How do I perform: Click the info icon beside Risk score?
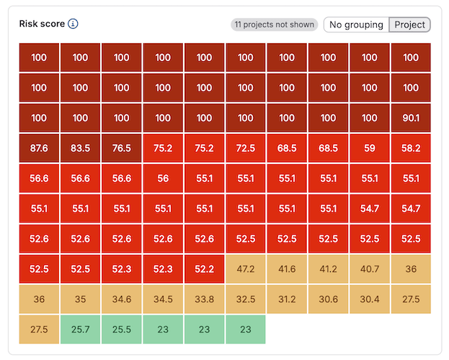point(73,24)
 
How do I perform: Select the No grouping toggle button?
point(356,24)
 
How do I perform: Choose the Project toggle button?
point(409,24)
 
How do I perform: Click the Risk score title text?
point(42,24)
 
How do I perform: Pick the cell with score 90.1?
point(411,118)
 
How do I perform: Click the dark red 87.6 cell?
point(39,148)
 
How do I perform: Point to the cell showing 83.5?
point(81,148)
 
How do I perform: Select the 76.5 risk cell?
point(122,148)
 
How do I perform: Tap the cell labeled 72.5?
point(246,148)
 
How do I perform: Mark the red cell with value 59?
point(370,148)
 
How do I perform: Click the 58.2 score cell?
point(411,148)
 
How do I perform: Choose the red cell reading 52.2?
point(205,269)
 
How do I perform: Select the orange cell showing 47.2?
point(246,269)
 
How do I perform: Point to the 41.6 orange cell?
point(287,269)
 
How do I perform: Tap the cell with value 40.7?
point(370,269)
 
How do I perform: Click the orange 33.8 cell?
point(205,300)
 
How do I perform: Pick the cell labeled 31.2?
point(287,300)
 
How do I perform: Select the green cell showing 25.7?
point(81,330)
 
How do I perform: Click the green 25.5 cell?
point(122,330)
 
